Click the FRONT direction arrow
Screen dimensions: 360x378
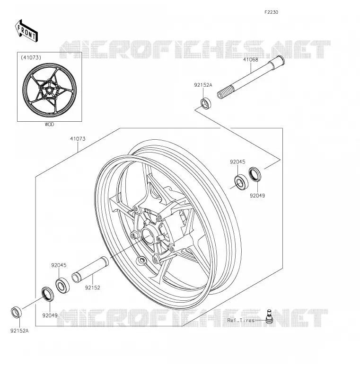click(26, 31)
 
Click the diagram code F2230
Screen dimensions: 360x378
click(271, 12)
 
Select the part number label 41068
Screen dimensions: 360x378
click(250, 60)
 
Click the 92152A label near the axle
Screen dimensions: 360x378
click(203, 85)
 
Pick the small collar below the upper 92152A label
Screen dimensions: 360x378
click(206, 103)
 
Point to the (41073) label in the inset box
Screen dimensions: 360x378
click(31, 57)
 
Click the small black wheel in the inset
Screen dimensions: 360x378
click(49, 90)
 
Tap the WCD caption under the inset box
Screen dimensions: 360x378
click(49, 125)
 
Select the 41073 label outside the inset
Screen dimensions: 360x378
click(78, 139)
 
